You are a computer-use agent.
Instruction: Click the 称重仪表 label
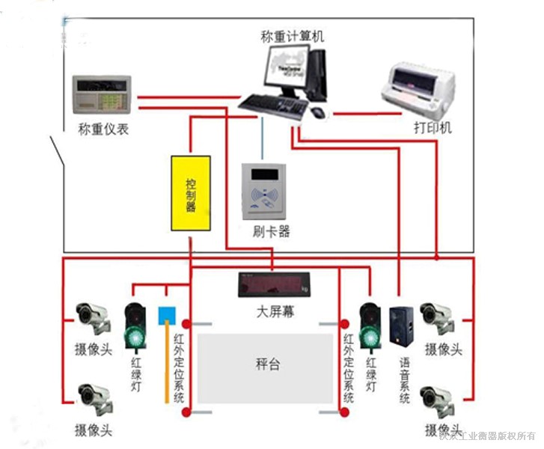tap(103, 129)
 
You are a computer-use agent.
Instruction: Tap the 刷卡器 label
tap(271, 231)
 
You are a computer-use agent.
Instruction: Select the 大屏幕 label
tap(275, 311)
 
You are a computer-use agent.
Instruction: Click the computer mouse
tap(318, 113)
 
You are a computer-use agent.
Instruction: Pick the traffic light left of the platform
tap(135, 326)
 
